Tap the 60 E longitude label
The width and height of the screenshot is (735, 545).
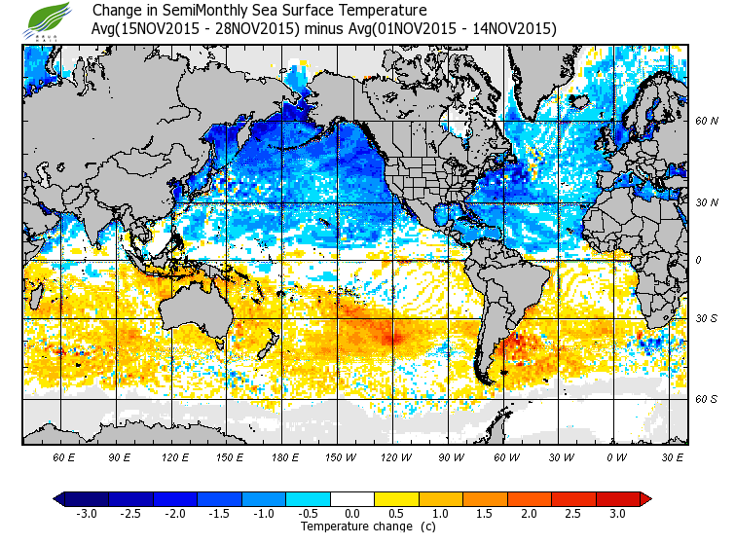coord(64,456)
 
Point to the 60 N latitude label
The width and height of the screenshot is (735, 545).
coord(707,122)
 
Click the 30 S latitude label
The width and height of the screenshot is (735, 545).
coord(707,319)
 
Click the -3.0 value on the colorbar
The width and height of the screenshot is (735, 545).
coord(87,514)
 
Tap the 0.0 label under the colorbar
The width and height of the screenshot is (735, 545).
coord(352,514)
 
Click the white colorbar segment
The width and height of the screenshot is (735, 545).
coord(352,499)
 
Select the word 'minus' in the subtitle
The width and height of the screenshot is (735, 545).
coord(325,29)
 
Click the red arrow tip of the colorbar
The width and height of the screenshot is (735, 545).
coord(645,499)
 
